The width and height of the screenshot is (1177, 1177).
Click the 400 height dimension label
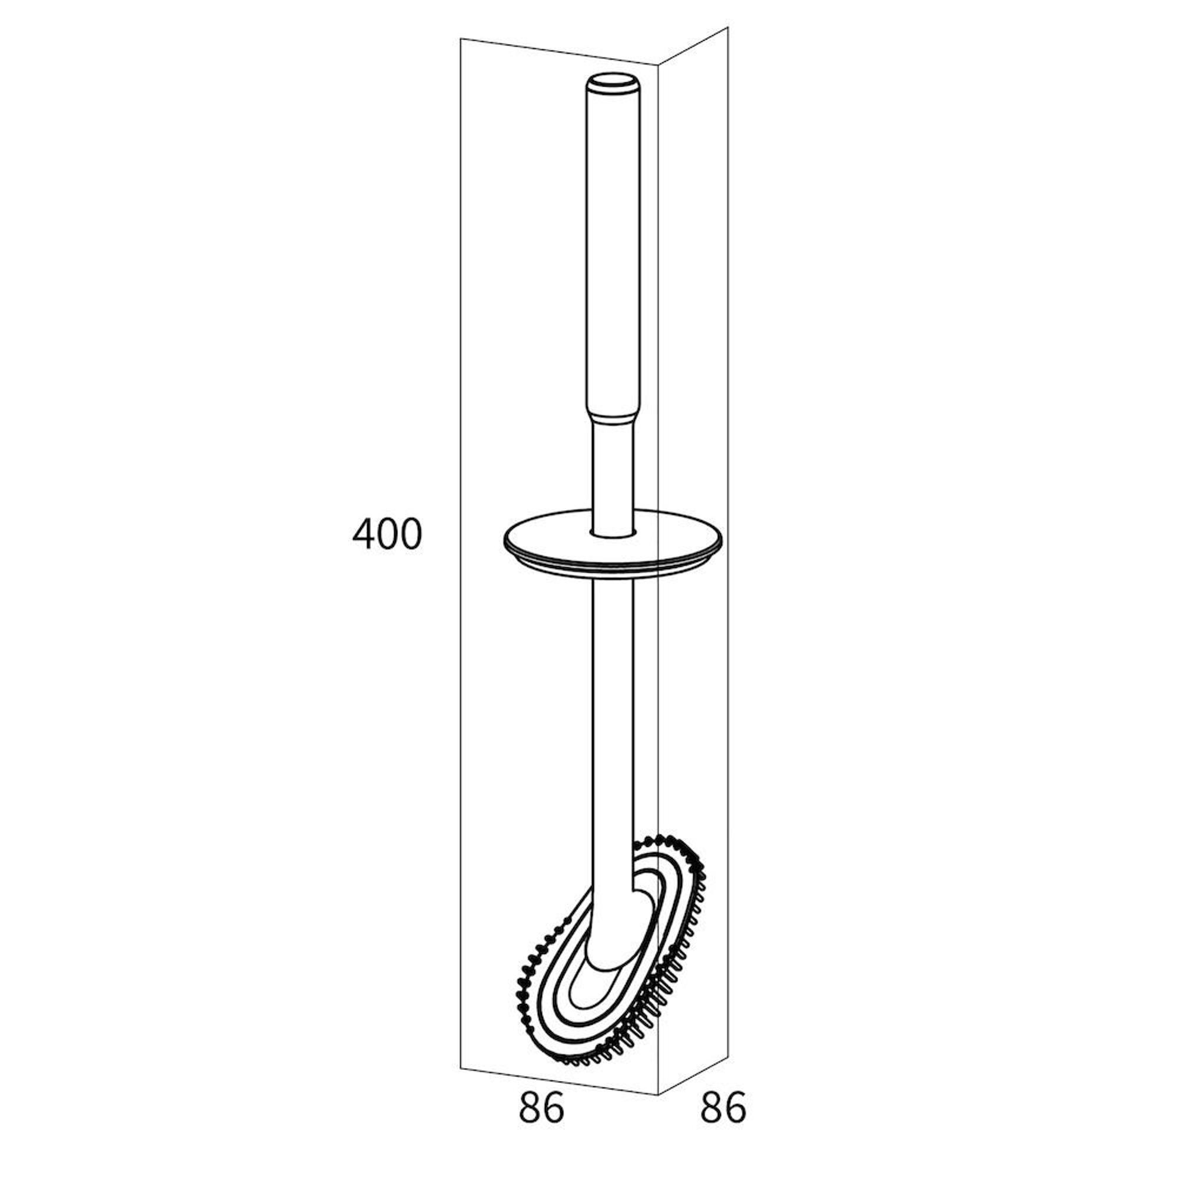(x=387, y=534)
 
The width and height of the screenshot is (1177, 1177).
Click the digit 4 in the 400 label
(x=364, y=534)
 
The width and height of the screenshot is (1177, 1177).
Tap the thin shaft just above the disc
(x=613, y=481)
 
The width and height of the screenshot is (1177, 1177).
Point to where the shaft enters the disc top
(x=613, y=534)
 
